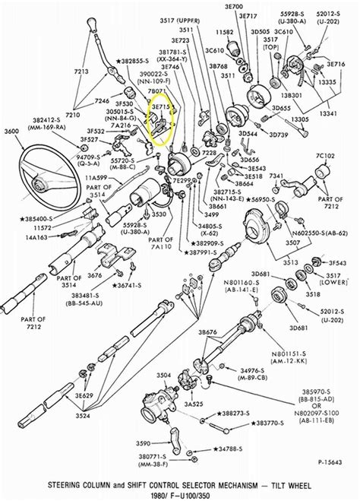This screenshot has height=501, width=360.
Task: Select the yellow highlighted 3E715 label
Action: pyautogui.click(x=159, y=109)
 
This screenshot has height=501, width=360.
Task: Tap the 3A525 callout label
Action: pyautogui.click(x=194, y=404)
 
